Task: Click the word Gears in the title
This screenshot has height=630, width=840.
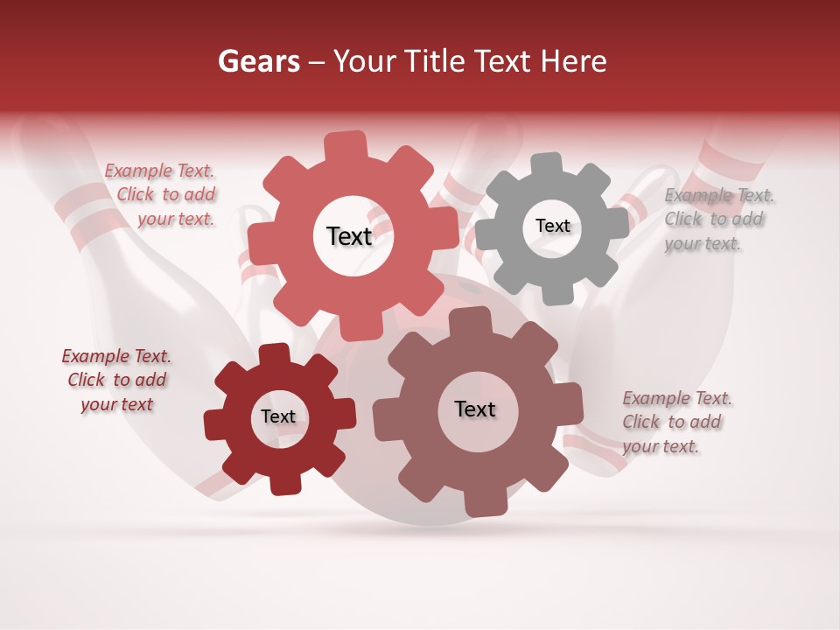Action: click(259, 61)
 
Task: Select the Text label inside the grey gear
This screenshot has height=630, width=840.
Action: click(552, 226)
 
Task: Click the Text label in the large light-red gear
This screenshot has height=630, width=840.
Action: click(349, 236)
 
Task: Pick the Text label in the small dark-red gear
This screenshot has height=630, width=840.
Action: click(278, 416)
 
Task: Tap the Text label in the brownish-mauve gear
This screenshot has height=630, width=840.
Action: click(475, 409)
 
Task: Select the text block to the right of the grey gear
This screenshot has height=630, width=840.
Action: click(719, 219)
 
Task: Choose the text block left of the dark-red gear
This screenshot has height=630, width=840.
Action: click(116, 380)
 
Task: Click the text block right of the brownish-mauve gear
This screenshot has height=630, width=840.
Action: click(676, 422)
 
